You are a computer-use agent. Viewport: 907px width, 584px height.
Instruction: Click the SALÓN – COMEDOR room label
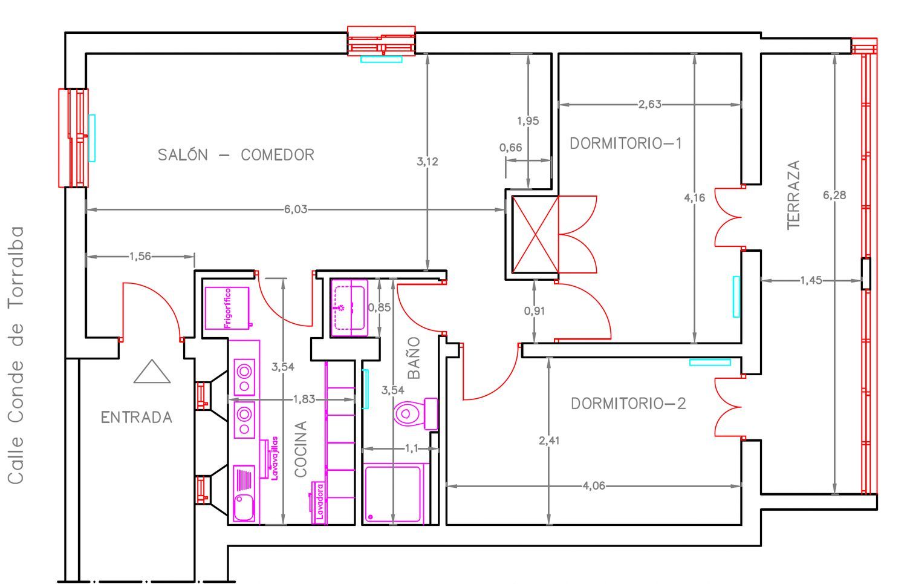pyautogui.click(x=236, y=154)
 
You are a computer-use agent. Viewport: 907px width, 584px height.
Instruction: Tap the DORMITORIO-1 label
pyautogui.click(x=626, y=143)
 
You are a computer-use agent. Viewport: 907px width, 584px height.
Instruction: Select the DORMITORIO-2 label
pyautogui.click(x=628, y=404)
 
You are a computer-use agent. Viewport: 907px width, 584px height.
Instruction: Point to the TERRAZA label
pyautogui.click(x=793, y=195)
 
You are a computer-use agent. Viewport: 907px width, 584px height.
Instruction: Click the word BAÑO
pyautogui.click(x=414, y=358)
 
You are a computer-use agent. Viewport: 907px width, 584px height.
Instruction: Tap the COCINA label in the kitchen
pyautogui.click(x=301, y=449)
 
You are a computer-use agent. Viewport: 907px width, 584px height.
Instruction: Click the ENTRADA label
pyautogui.click(x=137, y=418)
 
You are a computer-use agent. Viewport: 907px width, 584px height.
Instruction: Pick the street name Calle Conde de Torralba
pyautogui.click(x=16, y=355)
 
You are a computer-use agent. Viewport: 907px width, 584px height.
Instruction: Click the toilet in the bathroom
pyautogui.click(x=415, y=413)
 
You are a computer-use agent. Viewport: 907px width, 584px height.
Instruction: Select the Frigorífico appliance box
pyautogui.click(x=227, y=308)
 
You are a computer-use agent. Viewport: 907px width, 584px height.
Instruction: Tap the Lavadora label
pyautogui.click(x=320, y=502)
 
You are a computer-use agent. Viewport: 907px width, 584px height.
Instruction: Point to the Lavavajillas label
pyautogui.click(x=275, y=458)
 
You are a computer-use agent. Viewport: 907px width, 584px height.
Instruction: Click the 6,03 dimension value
pyautogui.click(x=296, y=209)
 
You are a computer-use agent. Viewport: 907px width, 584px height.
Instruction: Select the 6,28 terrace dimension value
pyautogui.click(x=834, y=195)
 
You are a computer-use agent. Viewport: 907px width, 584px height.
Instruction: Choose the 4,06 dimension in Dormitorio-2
pyautogui.click(x=594, y=485)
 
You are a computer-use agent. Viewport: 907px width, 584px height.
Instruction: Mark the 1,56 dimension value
pyautogui.click(x=140, y=256)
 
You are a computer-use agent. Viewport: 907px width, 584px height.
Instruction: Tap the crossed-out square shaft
pyautogui.click(x=535, y=234)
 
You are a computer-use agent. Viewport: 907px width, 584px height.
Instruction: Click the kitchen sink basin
pyautogui.click(x=244, y=507)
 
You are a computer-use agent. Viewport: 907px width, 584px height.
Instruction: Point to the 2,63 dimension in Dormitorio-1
pyautogui.click(x=650, y=105)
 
